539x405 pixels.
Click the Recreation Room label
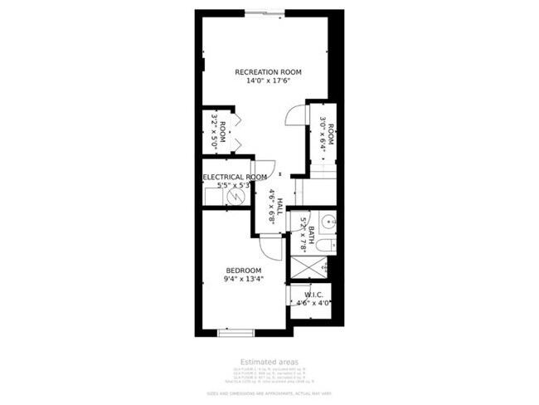(268, 72)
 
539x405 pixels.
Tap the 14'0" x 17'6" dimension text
(268, 81)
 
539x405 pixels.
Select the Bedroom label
(244, 271)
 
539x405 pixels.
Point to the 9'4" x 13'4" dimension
(244, 280)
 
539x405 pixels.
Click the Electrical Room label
(236, 177)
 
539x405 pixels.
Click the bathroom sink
(328, 222)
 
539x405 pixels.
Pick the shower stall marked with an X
(307, 268)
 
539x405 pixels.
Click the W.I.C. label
(313, 294)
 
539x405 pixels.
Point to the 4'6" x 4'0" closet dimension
(313, 303)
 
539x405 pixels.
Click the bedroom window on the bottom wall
(236, 333)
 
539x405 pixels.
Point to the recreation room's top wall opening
(265, 12)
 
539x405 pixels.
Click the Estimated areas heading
(269, 362)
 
